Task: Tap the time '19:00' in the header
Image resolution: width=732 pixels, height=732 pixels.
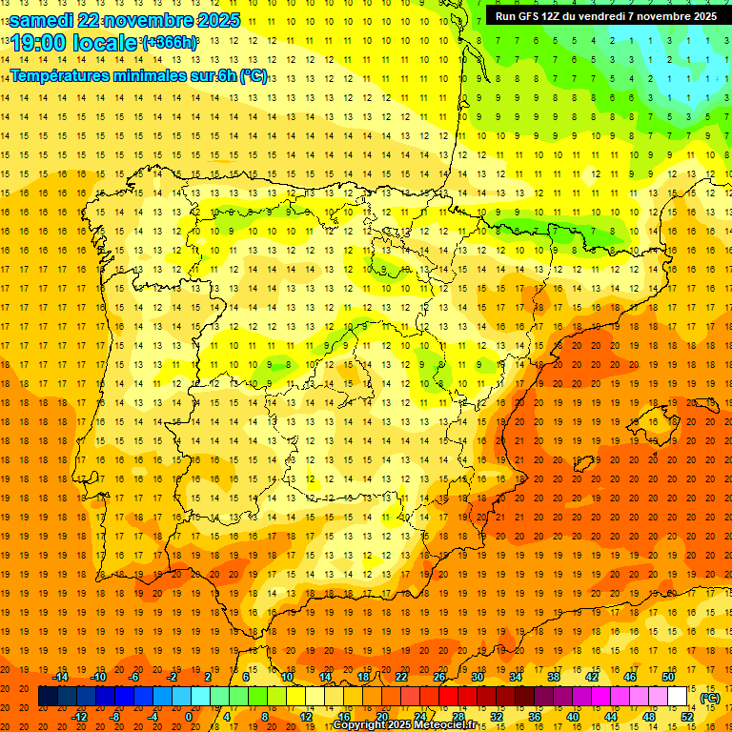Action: [x=40, y=44]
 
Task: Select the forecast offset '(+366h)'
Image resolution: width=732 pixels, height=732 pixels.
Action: [x=171, y=43]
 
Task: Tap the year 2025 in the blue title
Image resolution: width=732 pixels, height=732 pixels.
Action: [x=218, y=20]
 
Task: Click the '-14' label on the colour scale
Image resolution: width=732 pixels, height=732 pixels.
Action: [x=61, y=677]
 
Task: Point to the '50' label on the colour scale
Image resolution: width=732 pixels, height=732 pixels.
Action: [x=668, y=677]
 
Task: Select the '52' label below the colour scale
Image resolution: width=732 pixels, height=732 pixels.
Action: [x=687, y=717]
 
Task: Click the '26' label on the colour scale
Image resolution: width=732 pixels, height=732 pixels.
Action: [x=439, y=677]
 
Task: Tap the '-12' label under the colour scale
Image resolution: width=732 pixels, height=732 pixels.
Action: [x=80, y=717]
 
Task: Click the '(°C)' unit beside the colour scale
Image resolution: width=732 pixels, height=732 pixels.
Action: [x=709, y=698]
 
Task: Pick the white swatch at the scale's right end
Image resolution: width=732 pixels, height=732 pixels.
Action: [x=678, y=697]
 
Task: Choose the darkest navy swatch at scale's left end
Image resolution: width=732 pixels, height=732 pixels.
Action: [x=47, y=697]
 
